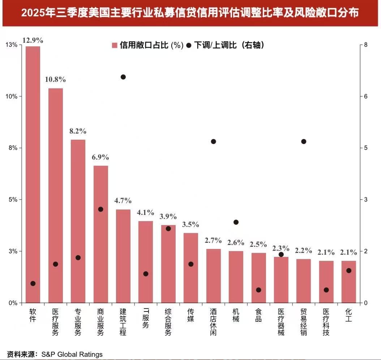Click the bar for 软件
coord(33,174)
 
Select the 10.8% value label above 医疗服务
coord(55,79)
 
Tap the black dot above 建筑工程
coord(123,77)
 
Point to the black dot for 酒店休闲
coord(213,141)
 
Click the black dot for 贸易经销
coord(304,141)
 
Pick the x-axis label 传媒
coord(191,315)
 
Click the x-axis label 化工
coord(349,315)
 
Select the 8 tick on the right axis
coord(366,45)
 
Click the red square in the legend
coord(115,46)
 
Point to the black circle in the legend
coord(189,46)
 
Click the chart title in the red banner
coord(190,13)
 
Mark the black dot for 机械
coord(236,222)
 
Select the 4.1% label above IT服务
coord(146,212)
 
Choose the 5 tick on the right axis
coord(366,148)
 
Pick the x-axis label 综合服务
coord(168,322)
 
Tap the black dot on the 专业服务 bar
coord(78,258)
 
